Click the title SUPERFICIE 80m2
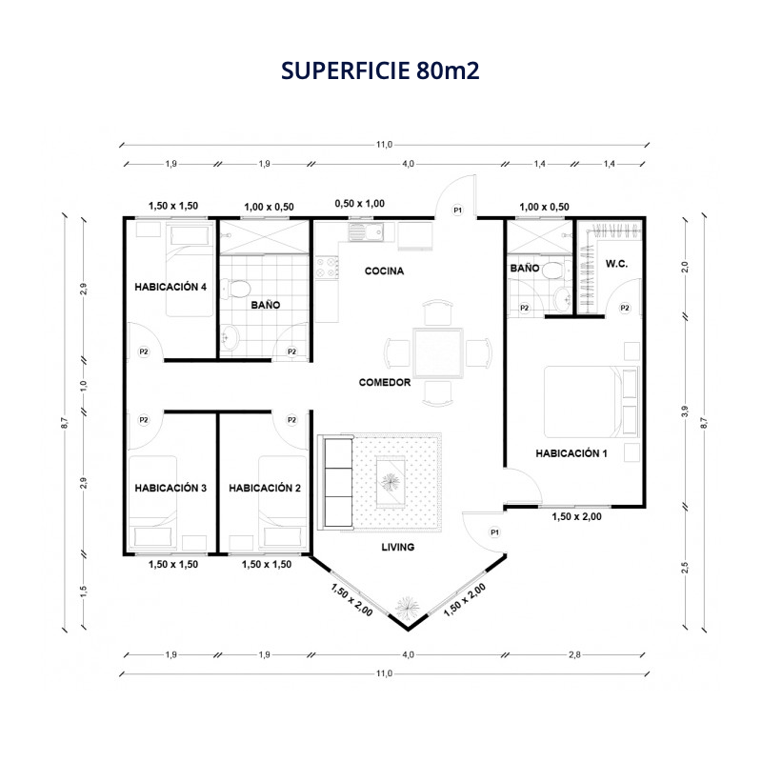[380, 70]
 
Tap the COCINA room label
[384, 271]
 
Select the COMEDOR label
[385, 383]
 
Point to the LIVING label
[397, 547]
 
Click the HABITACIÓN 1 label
[571, 453]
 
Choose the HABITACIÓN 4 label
[170, 288]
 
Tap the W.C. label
[616, 264]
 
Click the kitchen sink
[366, 231]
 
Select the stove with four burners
[327, 267]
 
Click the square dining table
[438, 352]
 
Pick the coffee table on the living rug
[391, 482]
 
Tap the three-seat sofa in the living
[335, 482]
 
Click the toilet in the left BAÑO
[236, 289]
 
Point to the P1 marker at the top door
[457, 210]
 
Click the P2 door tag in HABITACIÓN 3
[144, 420]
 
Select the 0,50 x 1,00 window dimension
[360, 204]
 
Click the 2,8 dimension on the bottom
[574, 654]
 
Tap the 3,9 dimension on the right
[685, 411]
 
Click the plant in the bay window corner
[407, 607]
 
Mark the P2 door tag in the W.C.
[625, 308]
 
